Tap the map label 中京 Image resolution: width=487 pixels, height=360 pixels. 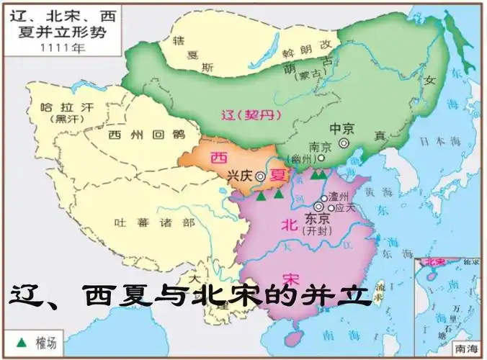(341, 128)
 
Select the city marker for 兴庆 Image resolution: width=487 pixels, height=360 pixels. (259, 175)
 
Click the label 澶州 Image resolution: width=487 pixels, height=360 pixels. (338, 196)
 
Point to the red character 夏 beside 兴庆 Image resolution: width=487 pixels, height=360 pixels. (277, 174)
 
